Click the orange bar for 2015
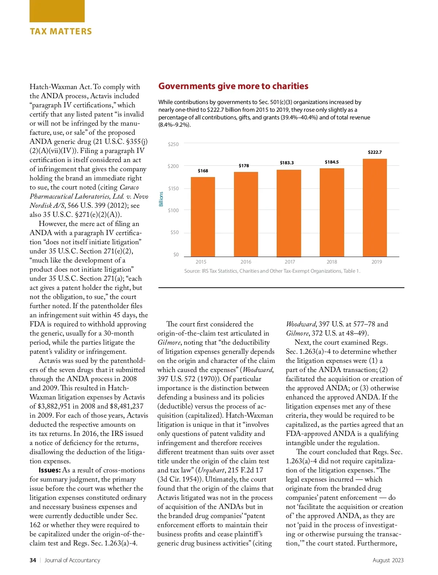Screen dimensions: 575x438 coord(203,217)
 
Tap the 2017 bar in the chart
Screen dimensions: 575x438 coord(289,213)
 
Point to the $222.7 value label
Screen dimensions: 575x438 coord(374,152)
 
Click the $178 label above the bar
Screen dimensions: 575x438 coord(244,166)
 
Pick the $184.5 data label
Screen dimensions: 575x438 coord(331,162)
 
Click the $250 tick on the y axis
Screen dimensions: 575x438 coord(173,144)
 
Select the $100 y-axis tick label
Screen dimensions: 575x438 coord(173,210)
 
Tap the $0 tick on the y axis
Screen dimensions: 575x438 coord(176,254)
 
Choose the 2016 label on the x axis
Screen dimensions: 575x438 coord(246,262)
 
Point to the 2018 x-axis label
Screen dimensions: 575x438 coord(331,262)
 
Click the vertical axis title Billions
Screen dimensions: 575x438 coord(161,199)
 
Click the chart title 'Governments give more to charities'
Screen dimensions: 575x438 coord(233,86)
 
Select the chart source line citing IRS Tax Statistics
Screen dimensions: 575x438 coord(272,271)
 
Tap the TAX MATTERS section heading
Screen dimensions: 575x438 coord(61,31)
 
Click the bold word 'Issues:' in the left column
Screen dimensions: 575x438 coord(50,470)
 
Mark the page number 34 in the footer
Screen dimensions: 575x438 coord(33,560)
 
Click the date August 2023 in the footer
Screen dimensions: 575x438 coord(388,560)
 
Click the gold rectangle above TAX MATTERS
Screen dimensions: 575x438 coord(57,11)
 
